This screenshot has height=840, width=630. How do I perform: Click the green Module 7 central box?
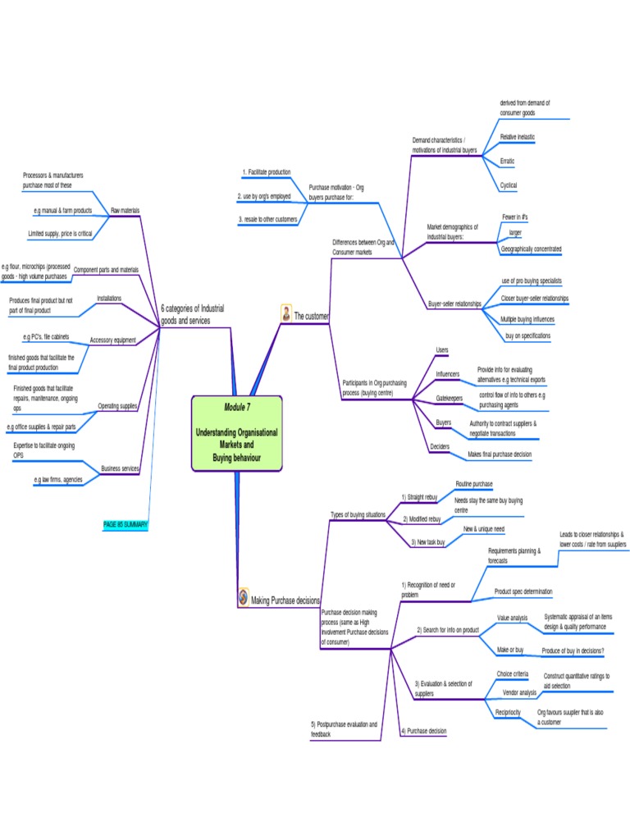coord(237,433)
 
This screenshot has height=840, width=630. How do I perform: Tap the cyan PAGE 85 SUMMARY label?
coord(126,524)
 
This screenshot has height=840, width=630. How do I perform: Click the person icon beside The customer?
coord(285,314)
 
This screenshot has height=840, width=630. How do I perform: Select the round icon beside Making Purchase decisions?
coord(243,596)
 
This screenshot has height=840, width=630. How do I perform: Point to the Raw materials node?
coord(125,211)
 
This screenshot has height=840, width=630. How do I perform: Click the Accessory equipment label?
coord(113,340)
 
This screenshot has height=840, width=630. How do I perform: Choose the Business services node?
coord(120,468)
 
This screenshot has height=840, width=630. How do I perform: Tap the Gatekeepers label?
coord(449,398)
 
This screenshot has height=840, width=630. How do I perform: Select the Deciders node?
coord(440,447)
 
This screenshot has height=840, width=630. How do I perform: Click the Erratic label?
coord(508,161)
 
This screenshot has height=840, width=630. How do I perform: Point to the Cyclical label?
coord(509,185)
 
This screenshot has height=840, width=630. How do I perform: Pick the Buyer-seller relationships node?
coord(454,304)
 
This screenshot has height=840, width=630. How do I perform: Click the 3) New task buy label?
coord(428,542)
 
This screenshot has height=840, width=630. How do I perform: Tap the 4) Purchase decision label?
coord(424,730)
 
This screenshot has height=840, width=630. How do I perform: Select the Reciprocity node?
coord(508,712)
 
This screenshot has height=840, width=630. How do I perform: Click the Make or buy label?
coord(510,650)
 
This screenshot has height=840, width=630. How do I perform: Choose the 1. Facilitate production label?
coord(266,172)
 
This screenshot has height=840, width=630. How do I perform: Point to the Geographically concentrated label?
coord(531,249)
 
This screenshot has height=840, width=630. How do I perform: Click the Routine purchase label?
coord(474,485)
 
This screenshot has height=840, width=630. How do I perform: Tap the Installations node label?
coord(109,298)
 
